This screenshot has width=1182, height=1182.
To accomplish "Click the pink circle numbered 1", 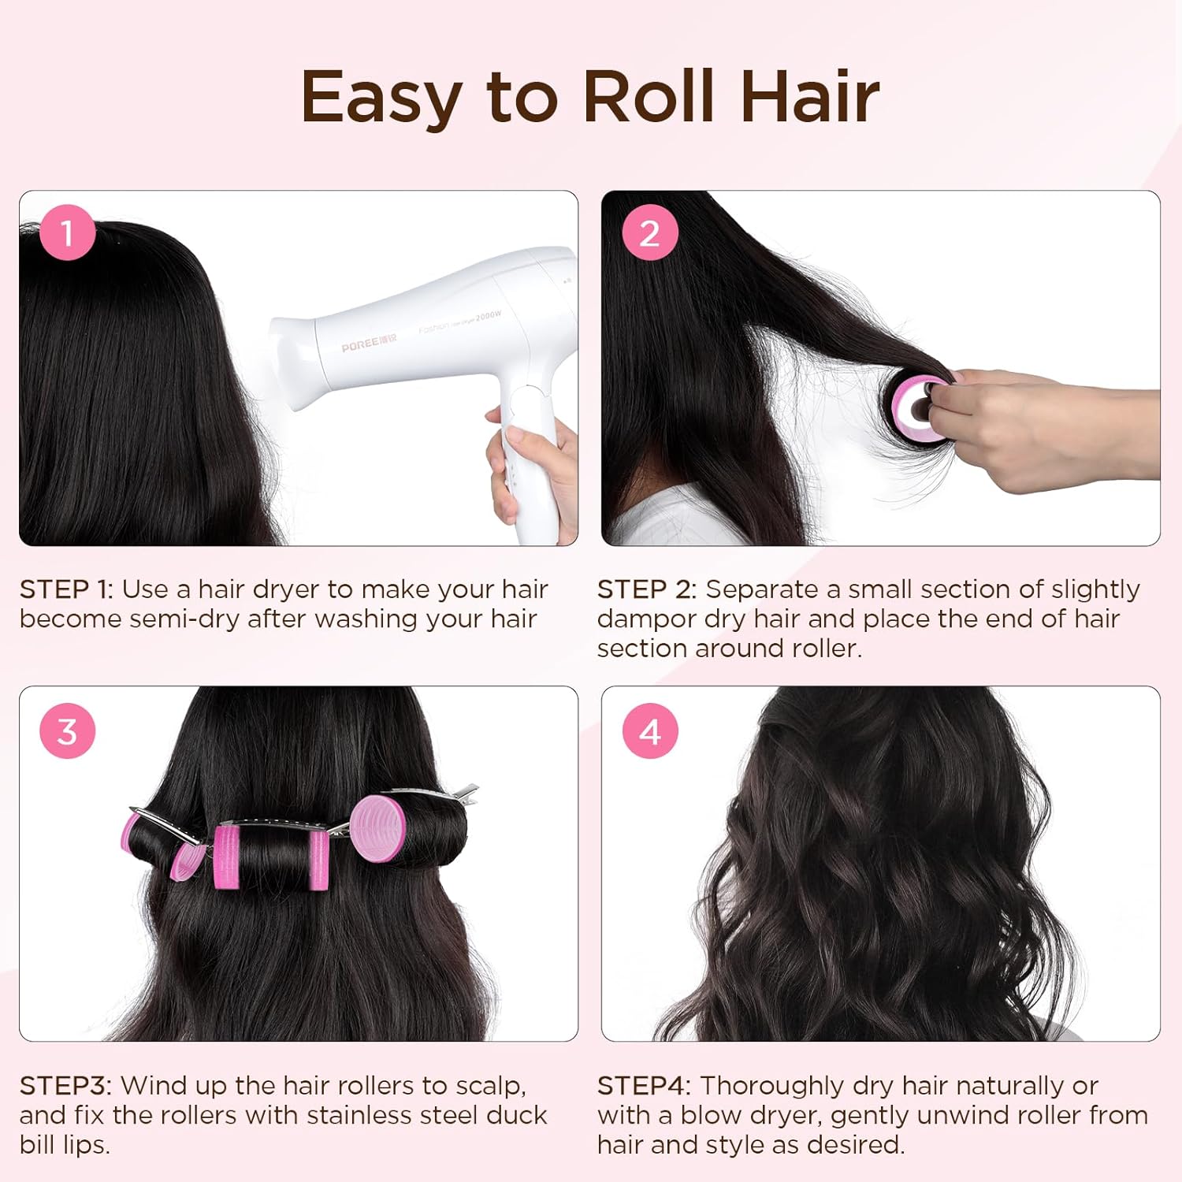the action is click(x=67, y=232).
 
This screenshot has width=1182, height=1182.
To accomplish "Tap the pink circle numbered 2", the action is click(x=649, y=232).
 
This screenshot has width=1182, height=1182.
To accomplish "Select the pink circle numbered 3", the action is click(x=67, y=730).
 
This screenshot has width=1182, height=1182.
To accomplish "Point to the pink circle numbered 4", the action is click(x=649, y=730).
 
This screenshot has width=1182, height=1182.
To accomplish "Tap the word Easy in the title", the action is click(x=381, y=100).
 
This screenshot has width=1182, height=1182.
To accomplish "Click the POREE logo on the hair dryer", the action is click(x=369, y=345).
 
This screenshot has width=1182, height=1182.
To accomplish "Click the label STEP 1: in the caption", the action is click(x=66, y=589).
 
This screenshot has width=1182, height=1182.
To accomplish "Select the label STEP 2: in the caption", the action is click(x=647, y=589).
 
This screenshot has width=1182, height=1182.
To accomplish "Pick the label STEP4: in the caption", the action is click(x=644, y=1086).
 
